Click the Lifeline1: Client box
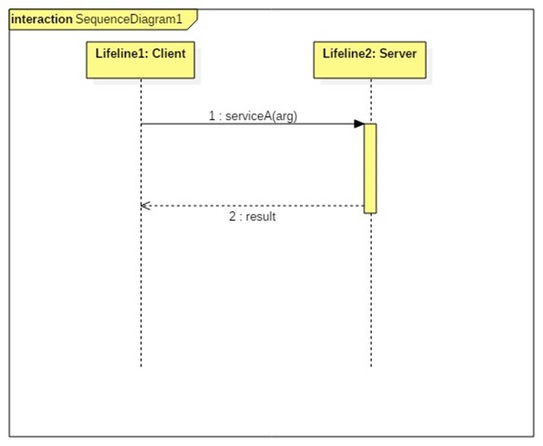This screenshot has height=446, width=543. pos(140,60)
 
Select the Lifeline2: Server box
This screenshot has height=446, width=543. pos(369,60)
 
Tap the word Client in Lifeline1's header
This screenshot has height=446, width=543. pos(169,54)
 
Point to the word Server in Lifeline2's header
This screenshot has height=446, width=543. pos(398,54)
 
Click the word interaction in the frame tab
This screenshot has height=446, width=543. pos(42,19)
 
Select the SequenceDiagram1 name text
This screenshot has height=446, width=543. pos(129,19)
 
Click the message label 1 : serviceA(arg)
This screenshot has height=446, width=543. pos(253,116)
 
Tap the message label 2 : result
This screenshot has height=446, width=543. pos(253,216)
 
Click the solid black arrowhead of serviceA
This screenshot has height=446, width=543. pos(359,124)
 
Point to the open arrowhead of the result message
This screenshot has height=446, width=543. pos(145,206)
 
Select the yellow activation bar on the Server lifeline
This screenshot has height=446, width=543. pos(370,168)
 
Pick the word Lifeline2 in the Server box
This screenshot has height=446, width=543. pos(350,54)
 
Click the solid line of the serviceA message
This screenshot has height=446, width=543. pos(253,124)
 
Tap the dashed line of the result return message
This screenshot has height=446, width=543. pos(253,206)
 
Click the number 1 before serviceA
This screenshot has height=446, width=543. pos(212,116)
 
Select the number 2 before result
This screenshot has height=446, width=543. pos(232,216)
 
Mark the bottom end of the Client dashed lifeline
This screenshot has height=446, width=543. pos(141,367)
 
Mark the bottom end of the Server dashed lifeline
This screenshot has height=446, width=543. pos(371,367)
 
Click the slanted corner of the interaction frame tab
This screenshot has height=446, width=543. pos(192,25)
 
